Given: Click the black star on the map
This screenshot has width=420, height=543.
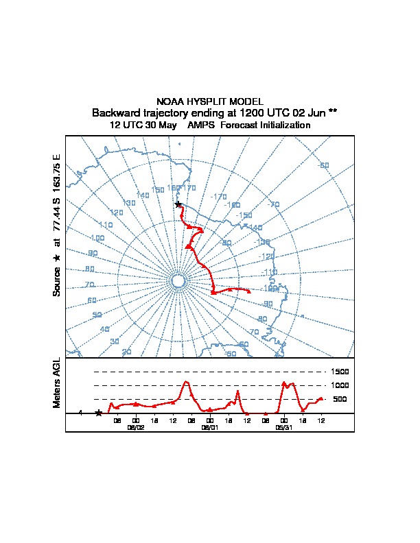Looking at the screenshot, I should pos(178,204).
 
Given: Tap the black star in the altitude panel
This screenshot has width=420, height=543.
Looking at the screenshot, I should pos(99,413).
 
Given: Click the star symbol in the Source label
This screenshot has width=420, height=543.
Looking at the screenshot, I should pos(57,257).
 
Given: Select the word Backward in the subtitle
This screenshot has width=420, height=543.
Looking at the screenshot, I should pos(115,113).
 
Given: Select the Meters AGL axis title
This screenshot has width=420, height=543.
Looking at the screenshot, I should pos(57,383).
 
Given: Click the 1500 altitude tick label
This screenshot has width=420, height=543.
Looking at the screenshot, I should pos(340,372).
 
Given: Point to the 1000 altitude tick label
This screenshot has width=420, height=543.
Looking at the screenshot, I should pos(340,385).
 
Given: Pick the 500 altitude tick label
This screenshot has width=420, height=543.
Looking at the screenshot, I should pos(340,399).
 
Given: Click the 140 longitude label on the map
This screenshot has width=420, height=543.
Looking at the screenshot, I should pos(143,195).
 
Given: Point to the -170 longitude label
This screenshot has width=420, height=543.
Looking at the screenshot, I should pos(218,197).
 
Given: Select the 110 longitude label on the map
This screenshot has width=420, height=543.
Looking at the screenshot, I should pos(106,225).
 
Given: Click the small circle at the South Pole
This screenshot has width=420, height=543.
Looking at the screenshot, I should pos(178,281).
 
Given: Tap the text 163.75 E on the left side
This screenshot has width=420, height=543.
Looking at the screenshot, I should pos(57,166).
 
